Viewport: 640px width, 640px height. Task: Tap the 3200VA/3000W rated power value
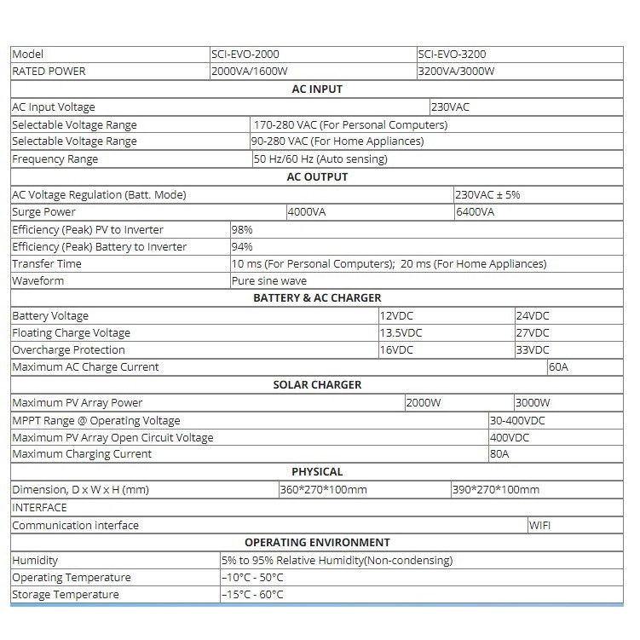tap(456, 72)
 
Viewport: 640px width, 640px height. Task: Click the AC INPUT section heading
tap(317, 89)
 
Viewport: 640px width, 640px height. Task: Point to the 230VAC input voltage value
tap(451, 107)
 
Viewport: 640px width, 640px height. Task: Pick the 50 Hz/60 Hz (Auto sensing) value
tap(320, 159)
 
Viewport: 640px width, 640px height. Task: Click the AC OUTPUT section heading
tap(317, 177)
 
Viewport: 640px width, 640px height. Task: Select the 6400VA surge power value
tap(475, 212)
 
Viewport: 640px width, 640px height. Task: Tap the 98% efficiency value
tap(242, 230)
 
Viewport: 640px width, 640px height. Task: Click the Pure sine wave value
tap(269, 281)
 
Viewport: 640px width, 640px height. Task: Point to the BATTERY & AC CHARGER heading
tap(317, 298)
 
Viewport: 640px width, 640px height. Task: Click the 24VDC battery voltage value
tap(533, 316)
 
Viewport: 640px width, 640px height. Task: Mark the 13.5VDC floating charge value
tap(401, 333)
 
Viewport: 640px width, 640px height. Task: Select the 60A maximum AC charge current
tap(558, 367)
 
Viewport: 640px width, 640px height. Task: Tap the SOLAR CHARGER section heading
tap(317, 385)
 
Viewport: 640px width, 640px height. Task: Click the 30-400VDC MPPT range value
tap(517, 421)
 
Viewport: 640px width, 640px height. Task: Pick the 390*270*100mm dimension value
tap(496, 490)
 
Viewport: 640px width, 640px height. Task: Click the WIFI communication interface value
tap(540, 526)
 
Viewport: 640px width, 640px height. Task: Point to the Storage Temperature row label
tap(66, 595)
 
